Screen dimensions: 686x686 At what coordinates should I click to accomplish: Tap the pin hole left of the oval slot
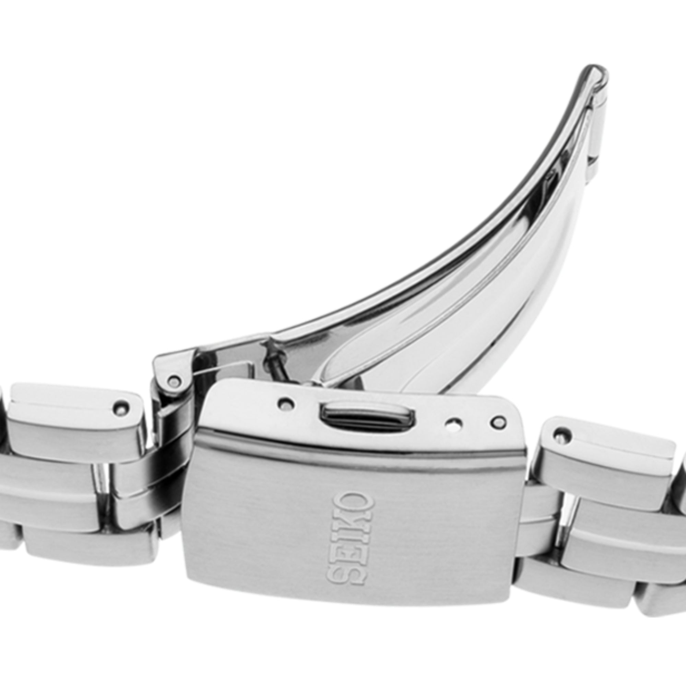(x=286, y=403)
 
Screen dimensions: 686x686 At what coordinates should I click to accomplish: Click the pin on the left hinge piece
(x=174, y=380)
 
